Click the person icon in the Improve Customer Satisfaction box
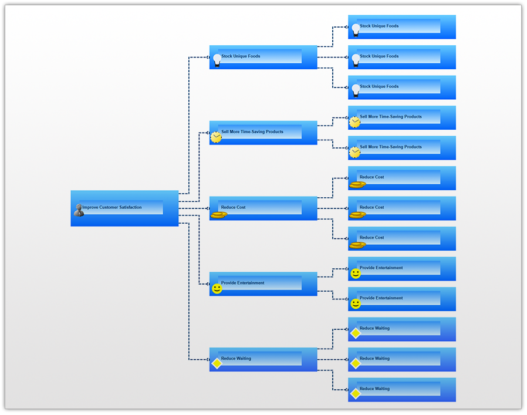coord(79,210)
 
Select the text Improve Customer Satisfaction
coord(112,207)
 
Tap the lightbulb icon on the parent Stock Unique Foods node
coord(217,60)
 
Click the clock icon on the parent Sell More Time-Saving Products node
coord(217,137)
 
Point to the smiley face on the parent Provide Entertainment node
coord(217,288)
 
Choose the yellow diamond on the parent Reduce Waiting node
coord(217,363)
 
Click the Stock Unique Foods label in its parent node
coord(240,56)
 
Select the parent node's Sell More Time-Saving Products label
coord(252,131)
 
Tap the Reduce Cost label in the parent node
coord(233,207)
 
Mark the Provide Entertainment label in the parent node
coord(242,283)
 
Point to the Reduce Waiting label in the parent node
coord(236,358)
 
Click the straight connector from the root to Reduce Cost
coord(194,208)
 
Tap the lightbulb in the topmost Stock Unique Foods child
coord(356,30)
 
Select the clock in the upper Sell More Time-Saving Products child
coord(355,122)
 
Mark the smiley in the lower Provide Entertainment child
coord(356,303)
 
